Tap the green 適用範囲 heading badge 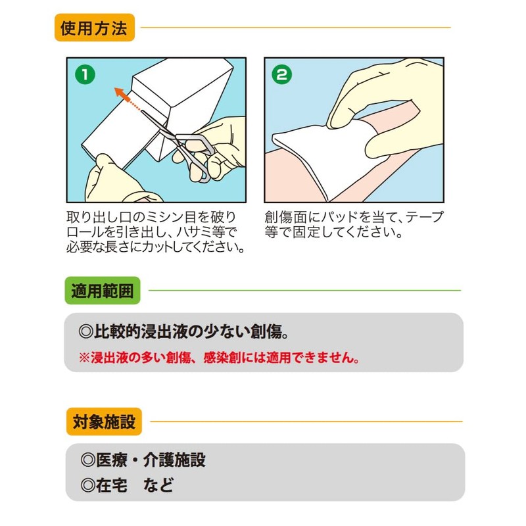[x=102, y=290]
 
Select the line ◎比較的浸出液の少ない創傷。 [x=180, y=331]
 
